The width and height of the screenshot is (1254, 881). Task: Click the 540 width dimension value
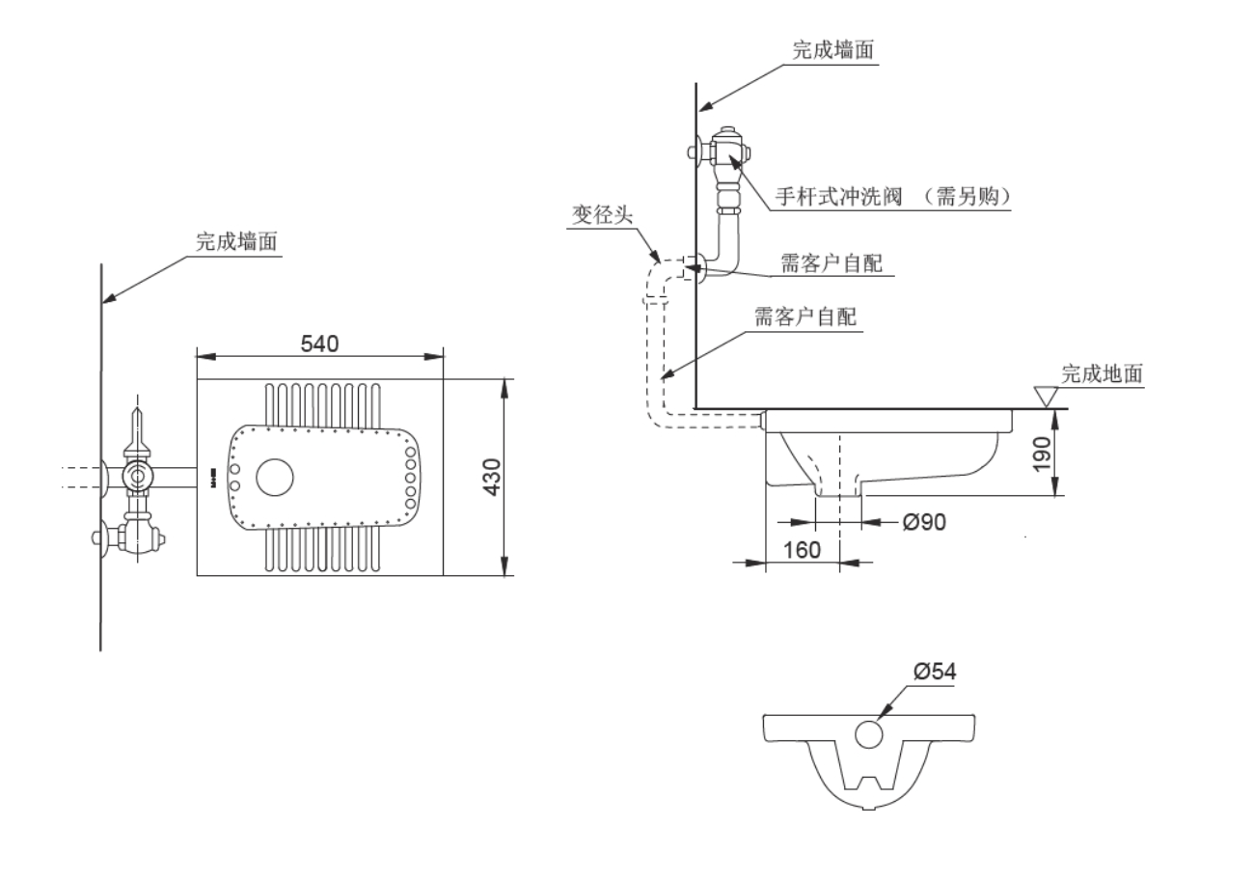319,344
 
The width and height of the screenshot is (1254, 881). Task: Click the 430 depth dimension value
492,477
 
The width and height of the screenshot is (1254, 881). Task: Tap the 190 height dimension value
1041,454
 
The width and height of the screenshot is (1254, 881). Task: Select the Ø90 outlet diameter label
924,522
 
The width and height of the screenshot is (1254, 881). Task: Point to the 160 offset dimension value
802,550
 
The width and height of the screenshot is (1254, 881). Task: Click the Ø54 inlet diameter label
935,671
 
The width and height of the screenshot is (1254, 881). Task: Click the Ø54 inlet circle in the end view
869,734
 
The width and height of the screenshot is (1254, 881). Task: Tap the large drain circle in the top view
274,478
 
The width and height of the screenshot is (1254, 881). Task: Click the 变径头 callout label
602,214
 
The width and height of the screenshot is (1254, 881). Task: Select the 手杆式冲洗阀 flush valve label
838,196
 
